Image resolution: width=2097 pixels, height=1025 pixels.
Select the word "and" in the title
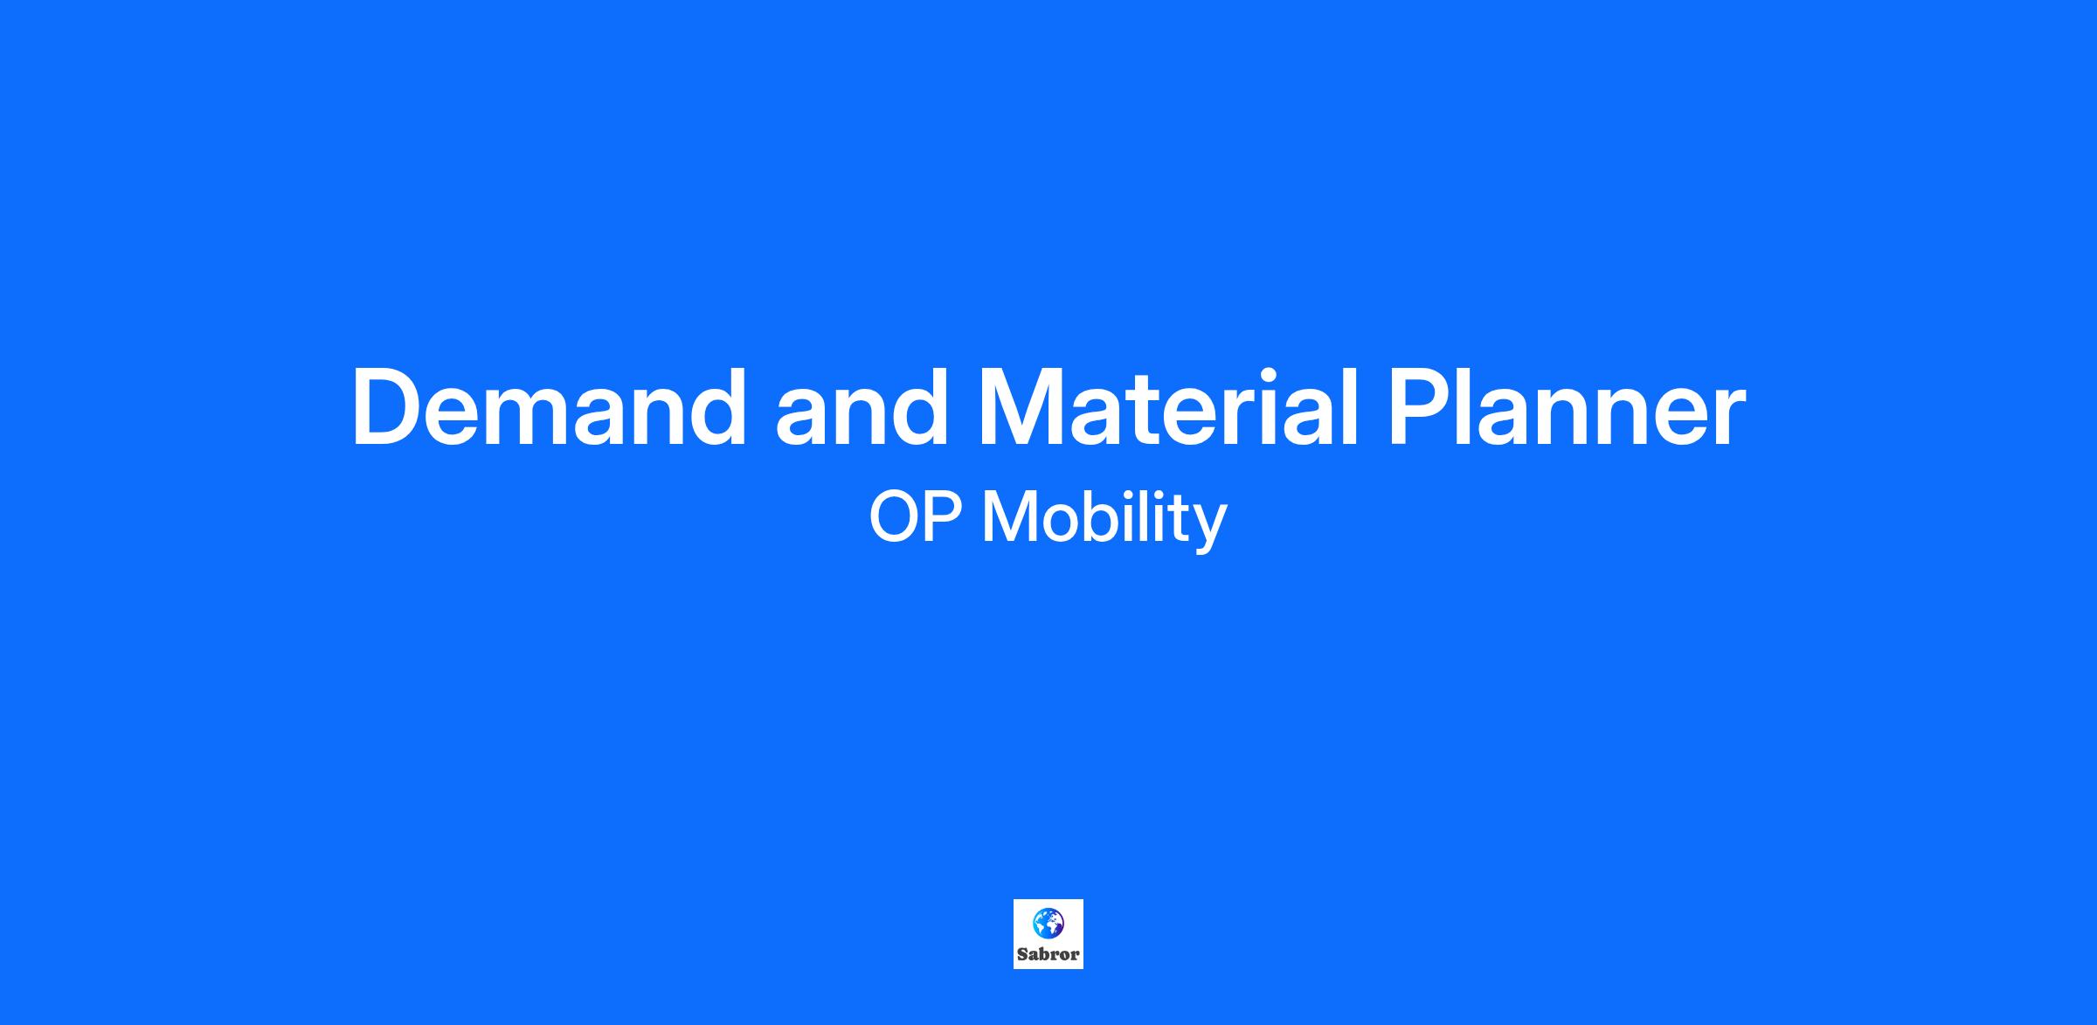pyautogui.click(x=862, y=408)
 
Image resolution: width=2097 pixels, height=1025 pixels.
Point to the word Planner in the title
pyautogui.click(x=1567, y=408)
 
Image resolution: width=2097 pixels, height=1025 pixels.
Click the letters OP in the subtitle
pyautogui.click(x=916, y=517)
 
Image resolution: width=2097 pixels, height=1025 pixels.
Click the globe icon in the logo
pyautogui.click(x=1048, y=923)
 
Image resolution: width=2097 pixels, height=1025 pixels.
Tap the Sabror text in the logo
pyautogui.click(x=1048, y=954)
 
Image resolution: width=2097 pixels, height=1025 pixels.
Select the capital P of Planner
pyautogui.click(x=1420, y=408)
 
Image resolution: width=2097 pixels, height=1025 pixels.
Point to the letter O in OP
pyautogui.click(x=895, y=517)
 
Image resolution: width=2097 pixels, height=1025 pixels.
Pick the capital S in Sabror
pyautogui.click(x=1023, y=954)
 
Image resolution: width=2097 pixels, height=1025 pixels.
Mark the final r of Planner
pyautogui.click(x=1729, y=418)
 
